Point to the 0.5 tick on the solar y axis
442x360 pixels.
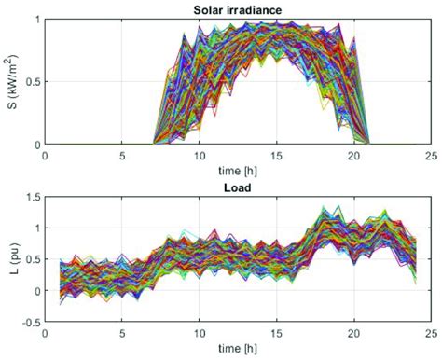[30, 82]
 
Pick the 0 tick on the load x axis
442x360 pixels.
[45, 334]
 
